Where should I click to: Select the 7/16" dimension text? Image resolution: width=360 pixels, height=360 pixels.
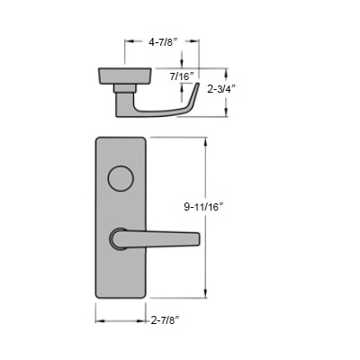point(183,77)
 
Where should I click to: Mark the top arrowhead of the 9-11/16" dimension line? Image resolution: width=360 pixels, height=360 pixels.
point(211,140)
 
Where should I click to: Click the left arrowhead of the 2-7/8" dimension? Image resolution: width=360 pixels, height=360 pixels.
point(98,319)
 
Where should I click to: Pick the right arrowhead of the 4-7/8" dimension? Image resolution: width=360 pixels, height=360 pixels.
point(197,40)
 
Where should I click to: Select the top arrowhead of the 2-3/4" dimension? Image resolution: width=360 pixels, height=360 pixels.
point(212,67)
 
